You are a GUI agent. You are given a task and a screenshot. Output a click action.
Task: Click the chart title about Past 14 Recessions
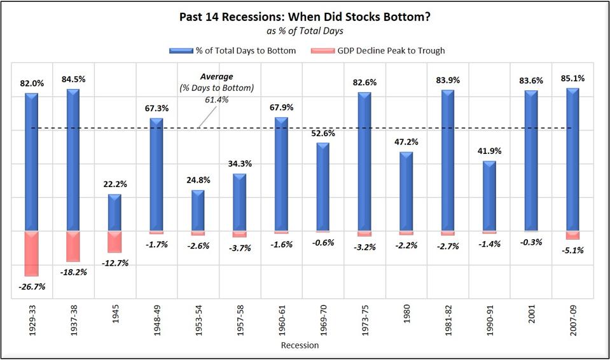(x=304, y=17)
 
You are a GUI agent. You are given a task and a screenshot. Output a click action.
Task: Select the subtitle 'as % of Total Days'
(x=304, y=31)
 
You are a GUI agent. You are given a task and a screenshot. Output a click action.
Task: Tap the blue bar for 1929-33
(x=31, y=162)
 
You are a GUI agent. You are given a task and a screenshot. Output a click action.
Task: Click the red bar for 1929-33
(x=31, y=253)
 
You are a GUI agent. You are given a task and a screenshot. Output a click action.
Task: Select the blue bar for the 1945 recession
(x=114, y=212)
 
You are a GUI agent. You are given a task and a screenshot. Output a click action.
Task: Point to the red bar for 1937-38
(x=73, y=246)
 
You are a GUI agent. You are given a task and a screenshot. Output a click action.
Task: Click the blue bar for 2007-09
(x=572, y=160)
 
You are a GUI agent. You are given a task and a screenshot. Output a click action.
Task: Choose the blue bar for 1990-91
(x=489, y=196)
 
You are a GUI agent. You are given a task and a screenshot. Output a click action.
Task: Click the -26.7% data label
(x=32, y=286)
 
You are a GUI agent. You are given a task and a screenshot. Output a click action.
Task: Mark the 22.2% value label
(x=115, y=184)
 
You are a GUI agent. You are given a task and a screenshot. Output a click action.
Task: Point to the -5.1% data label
(x=572, y=250)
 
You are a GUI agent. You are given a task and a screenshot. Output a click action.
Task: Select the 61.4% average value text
(x=216, y=99)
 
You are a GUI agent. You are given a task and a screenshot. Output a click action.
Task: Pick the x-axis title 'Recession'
(x=300, y=345)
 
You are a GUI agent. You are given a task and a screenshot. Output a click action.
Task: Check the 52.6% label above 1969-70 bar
(x=323, y=133)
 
